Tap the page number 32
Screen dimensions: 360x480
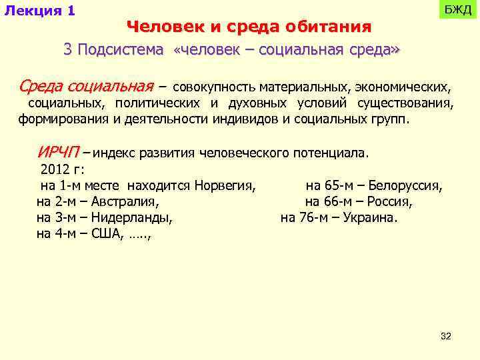point(446,337)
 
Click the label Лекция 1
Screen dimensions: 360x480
point(39,11)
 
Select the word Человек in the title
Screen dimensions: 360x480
point(157,27)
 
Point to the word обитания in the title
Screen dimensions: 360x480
point(328,27)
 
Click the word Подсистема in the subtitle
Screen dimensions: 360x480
point(120,50)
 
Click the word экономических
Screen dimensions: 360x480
point(403,87)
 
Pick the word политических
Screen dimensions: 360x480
point(157,103)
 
